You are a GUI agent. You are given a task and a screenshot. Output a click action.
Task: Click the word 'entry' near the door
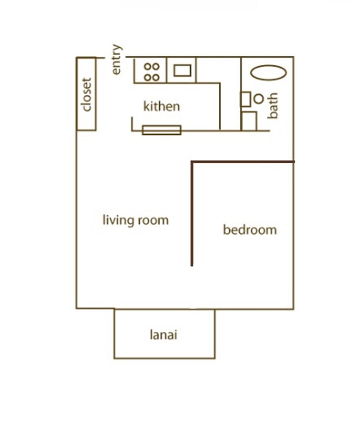click(x=117, y=59)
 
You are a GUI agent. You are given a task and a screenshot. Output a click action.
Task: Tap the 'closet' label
click(x=87, y=95)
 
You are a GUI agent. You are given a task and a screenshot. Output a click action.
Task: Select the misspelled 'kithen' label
click(x=161, y=106)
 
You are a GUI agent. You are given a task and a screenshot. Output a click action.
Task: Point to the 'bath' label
click(x=273, y=106)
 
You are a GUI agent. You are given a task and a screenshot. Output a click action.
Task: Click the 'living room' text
click(x=136, y=220)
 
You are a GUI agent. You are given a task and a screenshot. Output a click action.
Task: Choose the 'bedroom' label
click(x=250, y=230)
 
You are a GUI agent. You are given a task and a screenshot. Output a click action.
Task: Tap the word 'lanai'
click(x=163, y=335)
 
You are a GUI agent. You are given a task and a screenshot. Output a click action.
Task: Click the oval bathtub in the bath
click(x=268, y=73)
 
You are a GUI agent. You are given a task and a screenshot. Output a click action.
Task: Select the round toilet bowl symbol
click(x=259, y=99)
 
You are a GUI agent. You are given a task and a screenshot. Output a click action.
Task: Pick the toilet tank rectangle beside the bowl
click(x=246, y=99)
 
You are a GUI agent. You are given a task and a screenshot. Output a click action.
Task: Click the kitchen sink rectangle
click(x=182, y=70)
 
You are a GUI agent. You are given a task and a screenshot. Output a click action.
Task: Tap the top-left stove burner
click(x=148, y=66)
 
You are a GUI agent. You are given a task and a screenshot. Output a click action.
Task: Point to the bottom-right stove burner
click(x=156, y=78)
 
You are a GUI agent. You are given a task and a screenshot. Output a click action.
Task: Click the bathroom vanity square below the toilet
click(x=249, y=121)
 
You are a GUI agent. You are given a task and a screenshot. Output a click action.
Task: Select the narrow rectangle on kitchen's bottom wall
click(x=161, y=130)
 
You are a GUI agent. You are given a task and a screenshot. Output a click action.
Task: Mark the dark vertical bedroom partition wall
click(x=192, y=214)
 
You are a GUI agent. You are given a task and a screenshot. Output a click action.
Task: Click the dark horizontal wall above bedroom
click(x=242, y=162)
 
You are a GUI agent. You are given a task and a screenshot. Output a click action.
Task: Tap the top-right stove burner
click(x=156, y=66)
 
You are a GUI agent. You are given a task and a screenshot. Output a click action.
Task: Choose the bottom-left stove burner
click(x=148, y=78)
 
